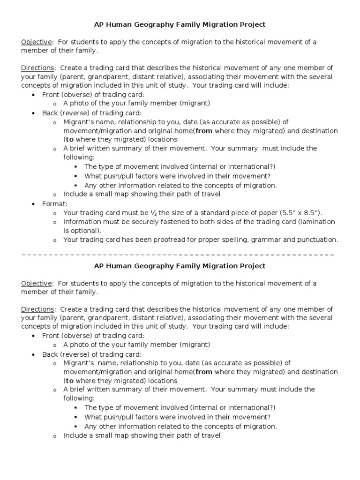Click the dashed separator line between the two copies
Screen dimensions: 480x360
[x=178, y=254]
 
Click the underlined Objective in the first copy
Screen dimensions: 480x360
[x=36, y=42]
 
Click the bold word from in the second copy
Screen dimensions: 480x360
[x=204, y=372]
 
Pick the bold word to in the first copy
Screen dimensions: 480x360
[x=69, y=139]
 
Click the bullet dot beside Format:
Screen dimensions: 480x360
[x=33, y=204]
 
